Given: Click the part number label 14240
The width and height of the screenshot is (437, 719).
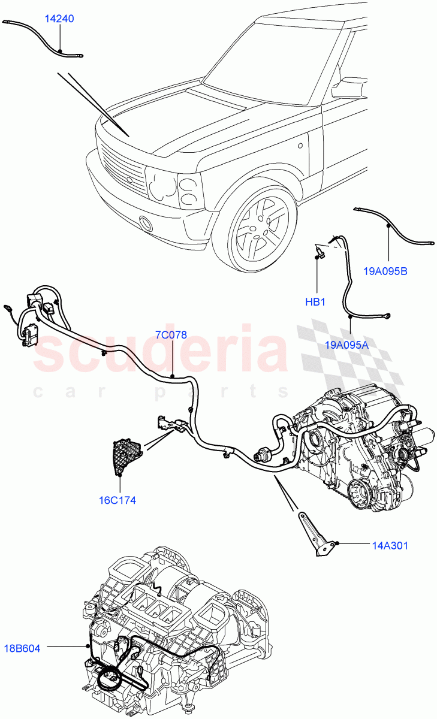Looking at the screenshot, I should (59, 19).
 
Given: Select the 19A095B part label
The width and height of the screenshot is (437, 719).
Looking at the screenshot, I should (385, 271).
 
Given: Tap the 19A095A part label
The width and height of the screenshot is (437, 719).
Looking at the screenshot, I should (347, 345).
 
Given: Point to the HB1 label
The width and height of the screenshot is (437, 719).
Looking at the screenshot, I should (315, 302).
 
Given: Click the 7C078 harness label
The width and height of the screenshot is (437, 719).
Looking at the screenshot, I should (171, 336).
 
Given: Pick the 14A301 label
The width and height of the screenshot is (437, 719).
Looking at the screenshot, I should (390, 545).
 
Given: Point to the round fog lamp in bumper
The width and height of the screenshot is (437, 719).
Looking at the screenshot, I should (145, 225).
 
